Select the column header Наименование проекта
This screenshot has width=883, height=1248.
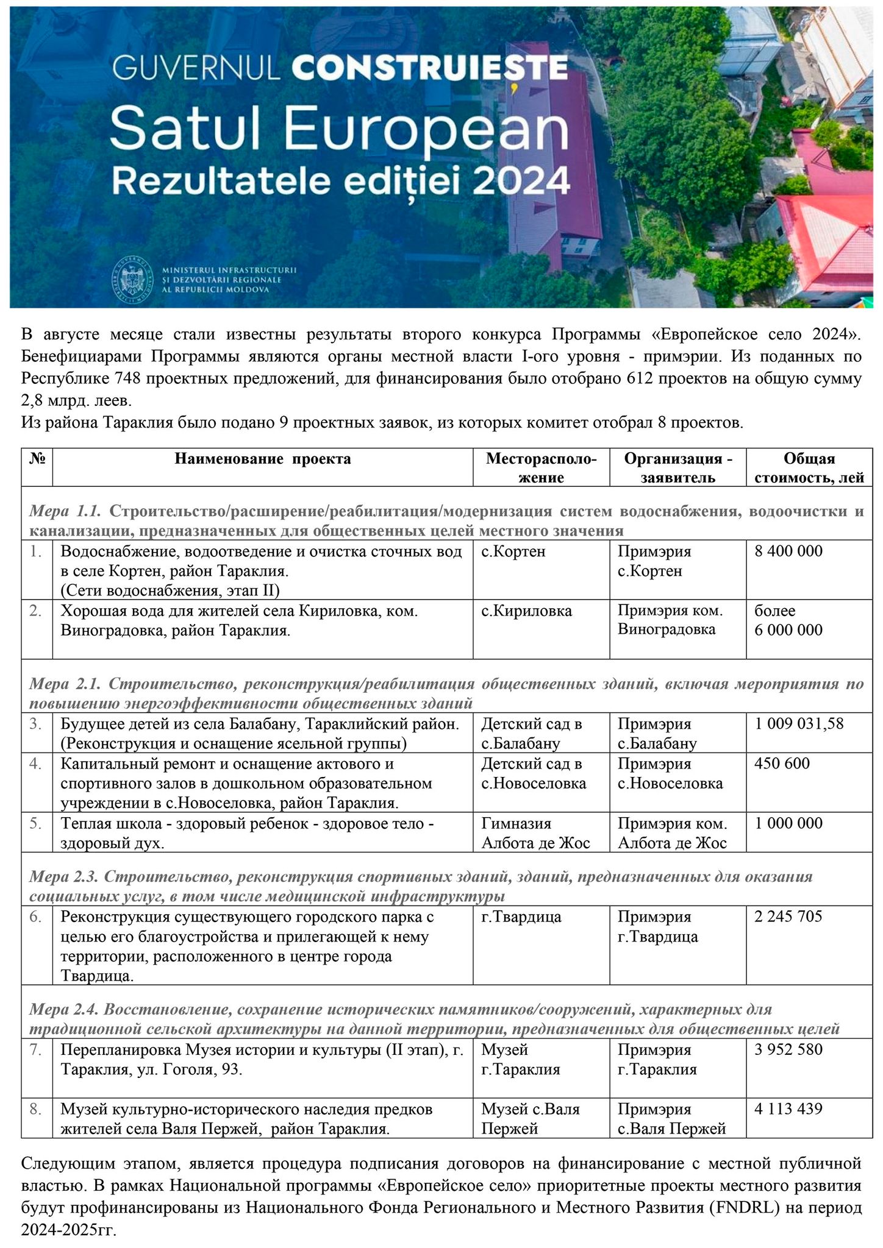(263, 459)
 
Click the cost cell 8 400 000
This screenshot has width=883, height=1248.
(788, 551)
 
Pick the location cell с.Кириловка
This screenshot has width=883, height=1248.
(526, 611)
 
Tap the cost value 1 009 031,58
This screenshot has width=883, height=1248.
(799, 724)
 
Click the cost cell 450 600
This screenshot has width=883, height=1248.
(782, 763)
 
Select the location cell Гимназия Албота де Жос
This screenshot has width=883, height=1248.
(535, 833)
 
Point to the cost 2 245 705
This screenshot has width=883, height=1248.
(788, 916)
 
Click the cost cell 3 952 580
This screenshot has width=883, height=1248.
(788, 1049)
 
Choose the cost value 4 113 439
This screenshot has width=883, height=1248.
(788, 1109)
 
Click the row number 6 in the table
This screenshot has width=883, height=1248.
(35, 916)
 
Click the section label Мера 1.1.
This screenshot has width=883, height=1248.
(68, 511)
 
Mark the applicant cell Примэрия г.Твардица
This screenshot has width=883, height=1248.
(657, 926)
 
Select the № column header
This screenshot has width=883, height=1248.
(37, 459)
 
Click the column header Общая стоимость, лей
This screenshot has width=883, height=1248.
(809, 468)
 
